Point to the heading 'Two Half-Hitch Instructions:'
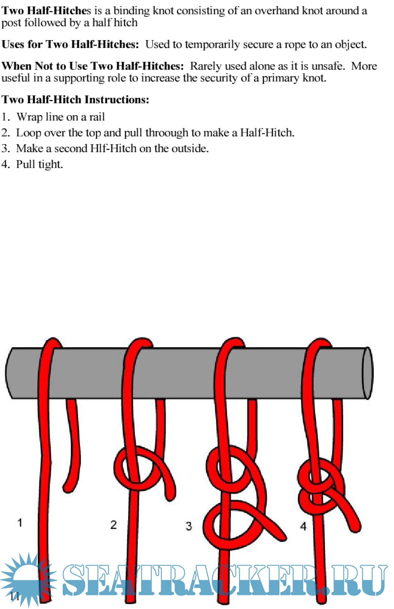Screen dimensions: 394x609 75,100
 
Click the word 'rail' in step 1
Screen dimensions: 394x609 97,117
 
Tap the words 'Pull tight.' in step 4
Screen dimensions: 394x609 39,165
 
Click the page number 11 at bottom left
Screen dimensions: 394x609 15,597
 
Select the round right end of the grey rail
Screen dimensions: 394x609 368,373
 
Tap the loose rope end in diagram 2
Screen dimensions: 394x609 170,498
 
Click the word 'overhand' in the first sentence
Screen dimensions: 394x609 277,11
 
